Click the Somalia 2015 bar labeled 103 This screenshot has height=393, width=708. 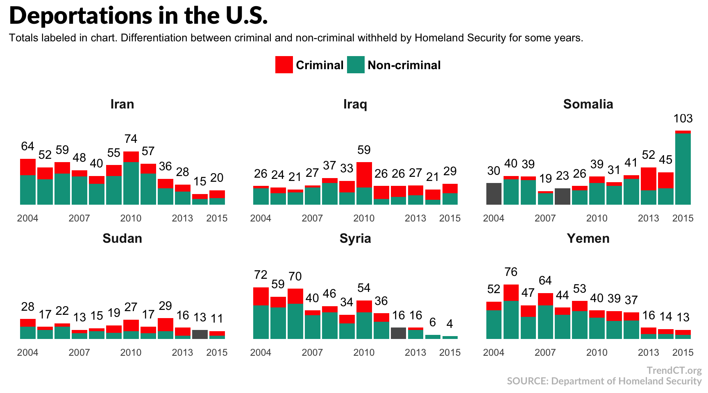coord(683,168)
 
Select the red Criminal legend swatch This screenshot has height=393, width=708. coord(284,65)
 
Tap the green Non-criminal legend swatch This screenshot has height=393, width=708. coord(356,65)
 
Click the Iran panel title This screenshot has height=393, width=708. coord(122,104)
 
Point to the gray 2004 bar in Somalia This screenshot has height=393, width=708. coord(494,194)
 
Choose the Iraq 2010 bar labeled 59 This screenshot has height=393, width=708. coord(364,183)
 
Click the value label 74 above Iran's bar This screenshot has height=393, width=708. coord(131,139)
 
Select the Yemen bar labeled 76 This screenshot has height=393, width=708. coord(511,312)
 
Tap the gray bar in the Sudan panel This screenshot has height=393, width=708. coord(200,334)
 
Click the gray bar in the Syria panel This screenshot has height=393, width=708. coord(398,333)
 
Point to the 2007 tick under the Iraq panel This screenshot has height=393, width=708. coord(312,218)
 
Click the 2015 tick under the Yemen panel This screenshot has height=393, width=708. coord(683,352)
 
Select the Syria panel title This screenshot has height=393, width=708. coord(355,238)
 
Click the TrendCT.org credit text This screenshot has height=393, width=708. coord(674,370)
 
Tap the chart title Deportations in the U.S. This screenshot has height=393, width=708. coord(138,16)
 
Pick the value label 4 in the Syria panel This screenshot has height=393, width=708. coord(449,324)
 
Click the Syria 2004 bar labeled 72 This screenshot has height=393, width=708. coord(261,313)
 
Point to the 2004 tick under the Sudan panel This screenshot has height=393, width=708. coord(27,352)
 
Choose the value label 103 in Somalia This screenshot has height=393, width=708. coord(683,119)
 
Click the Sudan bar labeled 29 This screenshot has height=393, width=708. coord(165,328)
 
